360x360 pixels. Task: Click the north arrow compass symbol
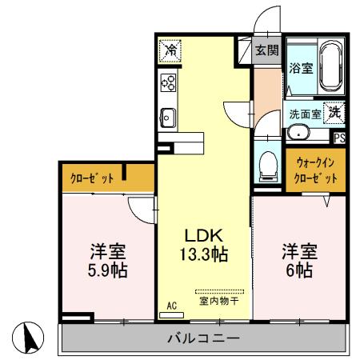click(29, 338)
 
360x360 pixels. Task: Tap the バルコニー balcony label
click(203, 338)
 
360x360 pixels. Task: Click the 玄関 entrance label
click(266, 50)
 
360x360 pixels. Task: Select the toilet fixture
click(268, 166)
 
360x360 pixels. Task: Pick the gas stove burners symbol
click(169, 82)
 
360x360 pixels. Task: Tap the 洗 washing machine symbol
click(334, 113)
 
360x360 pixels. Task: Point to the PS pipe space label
click(340, 137)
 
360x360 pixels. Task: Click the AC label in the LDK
click(172, 306)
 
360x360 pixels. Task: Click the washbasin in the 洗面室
click(298, 133)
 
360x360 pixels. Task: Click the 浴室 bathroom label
click(300, 68)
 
